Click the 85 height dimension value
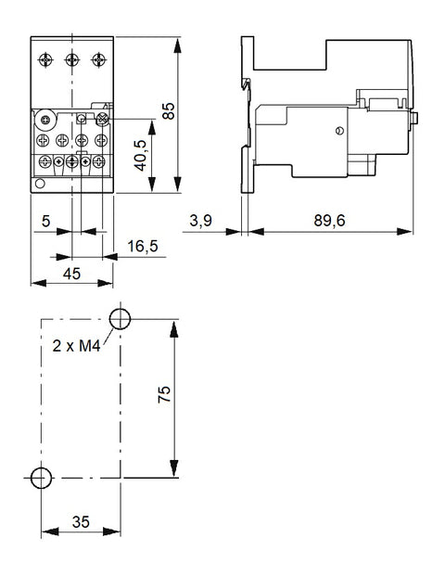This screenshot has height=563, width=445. tap(169, 111)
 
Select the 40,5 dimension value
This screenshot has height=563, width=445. tap(140, 155)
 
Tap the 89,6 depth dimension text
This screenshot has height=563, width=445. tap(329, 220)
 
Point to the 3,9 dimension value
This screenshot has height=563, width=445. tap(201, 220)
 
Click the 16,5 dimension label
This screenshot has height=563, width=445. tap(143, 246)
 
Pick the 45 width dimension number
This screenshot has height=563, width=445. tap(71, 274)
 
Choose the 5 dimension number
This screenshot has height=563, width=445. tap(45, 221)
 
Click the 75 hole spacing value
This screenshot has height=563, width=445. tap(165, 394)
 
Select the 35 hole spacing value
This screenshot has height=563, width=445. tap(81, 522)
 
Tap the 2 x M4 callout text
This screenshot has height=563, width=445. tap(76, 346)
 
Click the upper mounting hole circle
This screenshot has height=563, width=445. tap(120, 319)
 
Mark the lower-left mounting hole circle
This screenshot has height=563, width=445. tap(41, 478)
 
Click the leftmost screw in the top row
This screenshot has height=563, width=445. tap(45, 59)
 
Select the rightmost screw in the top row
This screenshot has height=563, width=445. tap(98, 59)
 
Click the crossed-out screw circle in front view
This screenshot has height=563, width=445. tap(103, 119)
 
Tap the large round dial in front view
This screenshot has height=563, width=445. tap(45, 120)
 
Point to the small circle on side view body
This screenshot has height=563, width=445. tap(339, 131)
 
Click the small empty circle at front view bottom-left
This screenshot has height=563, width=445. tap(40, 184)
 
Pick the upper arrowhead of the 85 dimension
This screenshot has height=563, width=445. tap(177, 45)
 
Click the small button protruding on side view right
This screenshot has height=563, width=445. tap(415, 118)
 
